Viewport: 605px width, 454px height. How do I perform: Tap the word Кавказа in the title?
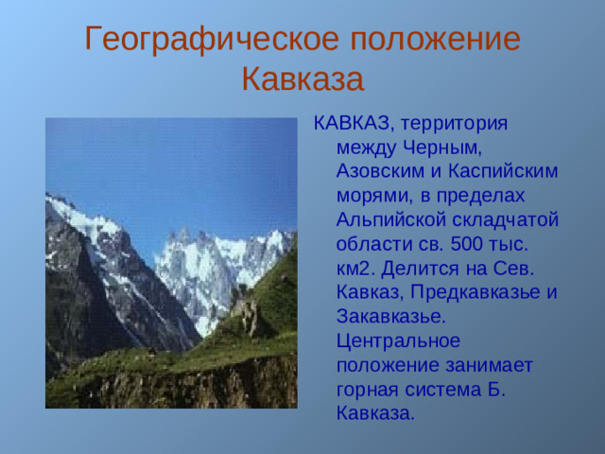click(302, 79)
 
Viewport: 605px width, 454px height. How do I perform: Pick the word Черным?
click(438, 147)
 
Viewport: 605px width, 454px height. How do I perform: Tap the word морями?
click(372, 196)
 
